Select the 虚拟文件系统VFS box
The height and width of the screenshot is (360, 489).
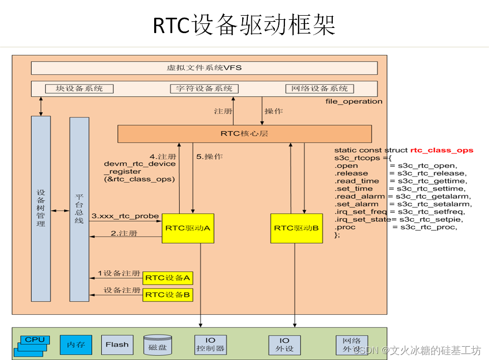[204, 68]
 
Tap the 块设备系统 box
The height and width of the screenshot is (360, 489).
[79, 88]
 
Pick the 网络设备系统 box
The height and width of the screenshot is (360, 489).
[319, 88]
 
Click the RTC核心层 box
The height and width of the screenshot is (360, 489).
[244, 134]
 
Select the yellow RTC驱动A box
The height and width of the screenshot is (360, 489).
[188, 228]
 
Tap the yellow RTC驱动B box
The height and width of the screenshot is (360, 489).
[296, 228]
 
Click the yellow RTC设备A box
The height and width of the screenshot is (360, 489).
[168, 278]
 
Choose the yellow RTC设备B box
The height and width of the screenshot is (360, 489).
[168, 294]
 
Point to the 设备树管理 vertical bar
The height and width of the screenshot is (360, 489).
[41, 208]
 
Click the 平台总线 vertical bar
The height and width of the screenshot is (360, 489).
[79, 208]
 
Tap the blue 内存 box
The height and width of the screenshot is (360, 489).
[76, 345]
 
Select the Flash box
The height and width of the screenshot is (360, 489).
[117, 345]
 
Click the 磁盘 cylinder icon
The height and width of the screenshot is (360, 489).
[157, 345]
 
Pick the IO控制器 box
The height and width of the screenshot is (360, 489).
[210, 345]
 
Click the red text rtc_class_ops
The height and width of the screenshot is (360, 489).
[442, 150]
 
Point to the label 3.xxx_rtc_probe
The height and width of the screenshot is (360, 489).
[125, 216]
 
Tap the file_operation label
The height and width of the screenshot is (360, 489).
[354, 101]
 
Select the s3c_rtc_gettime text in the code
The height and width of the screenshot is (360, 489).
[432, 181]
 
